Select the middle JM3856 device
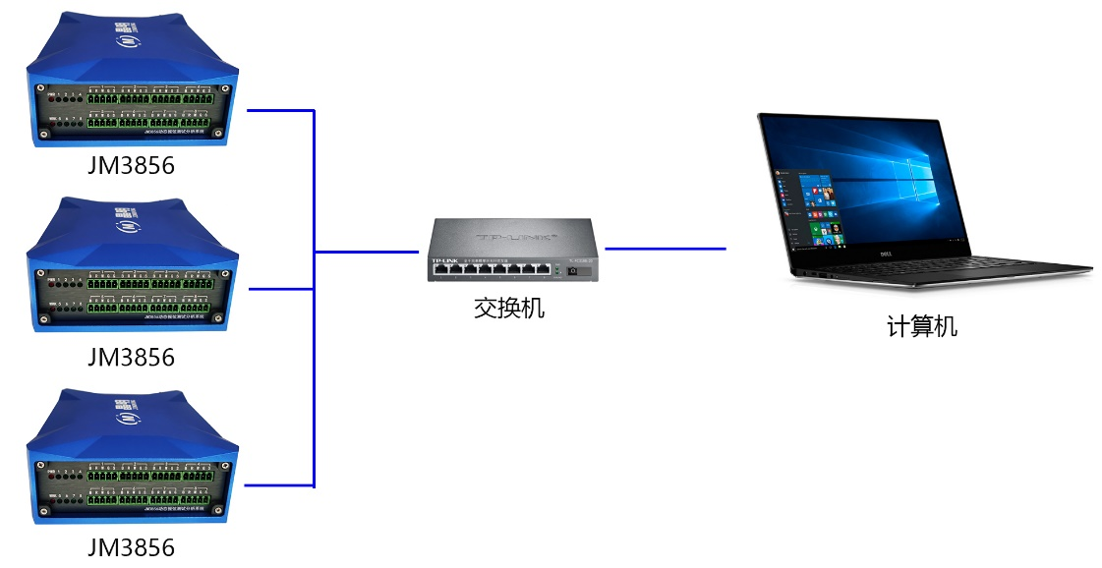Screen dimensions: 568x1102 [x=133, y=265]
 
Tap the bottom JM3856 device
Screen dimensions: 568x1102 [x=133, y=457]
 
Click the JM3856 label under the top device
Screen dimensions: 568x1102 [x=131, y=166]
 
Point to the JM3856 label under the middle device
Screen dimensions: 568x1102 [x=131, y=357]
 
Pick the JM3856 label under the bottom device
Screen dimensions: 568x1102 [x=131, y=547]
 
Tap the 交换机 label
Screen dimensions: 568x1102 [x=508, y=309]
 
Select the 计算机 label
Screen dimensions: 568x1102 [x=921, y=326]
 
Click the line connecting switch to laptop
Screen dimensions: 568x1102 [x=665, y=249]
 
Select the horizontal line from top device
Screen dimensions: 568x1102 [x=279, y=111]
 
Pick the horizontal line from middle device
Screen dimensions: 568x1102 [x=279, y=289]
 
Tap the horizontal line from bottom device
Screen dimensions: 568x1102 [x=279, y=485]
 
